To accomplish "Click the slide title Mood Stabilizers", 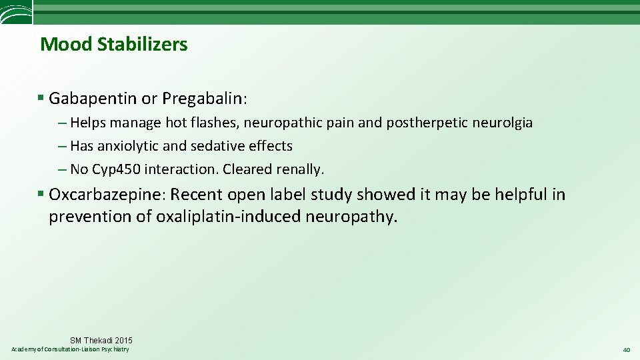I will click(x=114, y=45).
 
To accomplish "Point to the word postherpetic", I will click(x=425, y=123).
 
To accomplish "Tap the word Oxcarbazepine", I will click(x=108, y=195).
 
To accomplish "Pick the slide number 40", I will click(x=626, y=350).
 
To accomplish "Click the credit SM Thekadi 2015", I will click(x=101, y=341).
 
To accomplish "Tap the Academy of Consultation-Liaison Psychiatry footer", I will click(x=71, y=350).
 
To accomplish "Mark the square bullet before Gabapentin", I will click(x=41, y=99).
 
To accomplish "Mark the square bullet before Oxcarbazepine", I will click(x=41, y=195).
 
